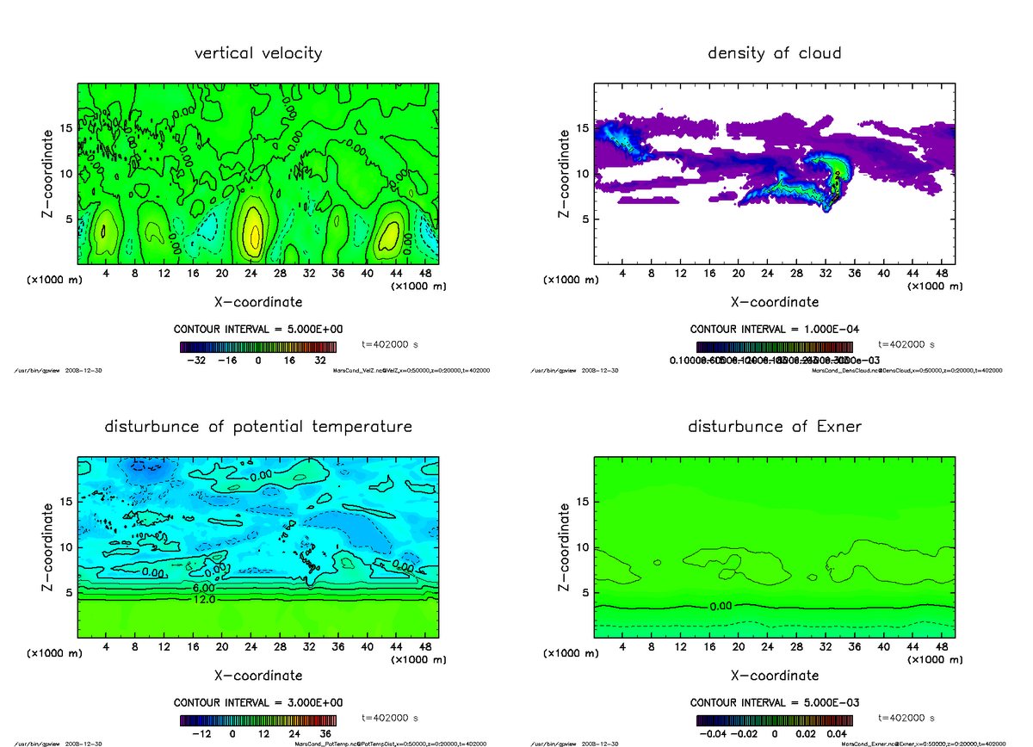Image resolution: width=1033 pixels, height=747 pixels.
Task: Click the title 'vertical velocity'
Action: (258, 53)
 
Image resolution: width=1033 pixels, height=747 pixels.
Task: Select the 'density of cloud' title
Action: (774, 53)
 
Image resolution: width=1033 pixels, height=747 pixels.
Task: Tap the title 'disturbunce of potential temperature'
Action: (258, 427)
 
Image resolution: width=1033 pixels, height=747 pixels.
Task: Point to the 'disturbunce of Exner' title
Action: (774, 427)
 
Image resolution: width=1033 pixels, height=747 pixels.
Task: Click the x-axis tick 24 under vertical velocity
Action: (251, 273)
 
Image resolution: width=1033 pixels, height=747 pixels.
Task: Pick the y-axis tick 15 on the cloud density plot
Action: (582, 128)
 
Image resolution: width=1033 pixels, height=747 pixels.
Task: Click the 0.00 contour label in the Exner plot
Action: (721, 607)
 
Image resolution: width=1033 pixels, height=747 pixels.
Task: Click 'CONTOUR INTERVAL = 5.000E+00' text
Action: (258, 330)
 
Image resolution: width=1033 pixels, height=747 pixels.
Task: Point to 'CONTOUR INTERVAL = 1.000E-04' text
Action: (774, 330)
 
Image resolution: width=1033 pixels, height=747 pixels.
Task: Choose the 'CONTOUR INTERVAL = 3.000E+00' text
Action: (258, 702)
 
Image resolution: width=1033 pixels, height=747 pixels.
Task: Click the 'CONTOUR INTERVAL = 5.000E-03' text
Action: (774, 702)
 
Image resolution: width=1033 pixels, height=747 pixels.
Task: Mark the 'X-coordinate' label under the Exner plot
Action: (774, 675)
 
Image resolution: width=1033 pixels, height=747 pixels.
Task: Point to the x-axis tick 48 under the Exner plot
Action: (941, 646)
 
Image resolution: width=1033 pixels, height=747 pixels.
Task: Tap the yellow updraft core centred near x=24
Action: (253, 232)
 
